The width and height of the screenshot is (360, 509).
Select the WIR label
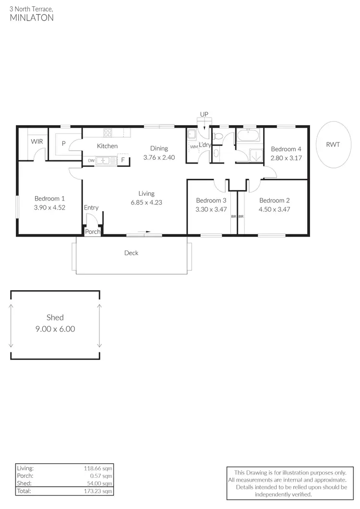click(x=36, y=142)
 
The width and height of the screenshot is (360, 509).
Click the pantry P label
click(x=63, y=143)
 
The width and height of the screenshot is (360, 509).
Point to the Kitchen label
click(x=107, y=146)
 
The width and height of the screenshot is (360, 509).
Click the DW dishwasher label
click(x=91, y=160)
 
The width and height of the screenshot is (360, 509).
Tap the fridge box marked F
click(x=123, y=160)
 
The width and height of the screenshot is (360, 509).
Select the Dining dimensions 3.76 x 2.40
click(x=159, y=157)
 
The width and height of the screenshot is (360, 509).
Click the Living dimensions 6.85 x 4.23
click(x=146, y=202)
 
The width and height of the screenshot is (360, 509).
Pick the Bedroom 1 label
click(x=49, y=198)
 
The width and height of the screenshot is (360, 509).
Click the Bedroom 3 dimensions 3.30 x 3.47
click(x=211, y=209)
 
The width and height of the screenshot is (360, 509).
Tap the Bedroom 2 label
click(x=274, y=201)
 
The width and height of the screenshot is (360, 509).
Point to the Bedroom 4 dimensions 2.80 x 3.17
click(x=286, y=158)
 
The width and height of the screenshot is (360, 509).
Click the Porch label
click(x=93, y=232)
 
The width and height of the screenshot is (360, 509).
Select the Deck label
click(x=131, y=253)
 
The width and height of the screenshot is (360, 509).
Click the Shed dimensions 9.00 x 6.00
click(x=55, y=329)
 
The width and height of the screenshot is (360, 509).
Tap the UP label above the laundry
click(x=204, y=114)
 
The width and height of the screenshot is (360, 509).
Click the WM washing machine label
click(x=193, y=147)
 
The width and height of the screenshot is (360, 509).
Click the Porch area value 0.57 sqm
click(x=101, y=476)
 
